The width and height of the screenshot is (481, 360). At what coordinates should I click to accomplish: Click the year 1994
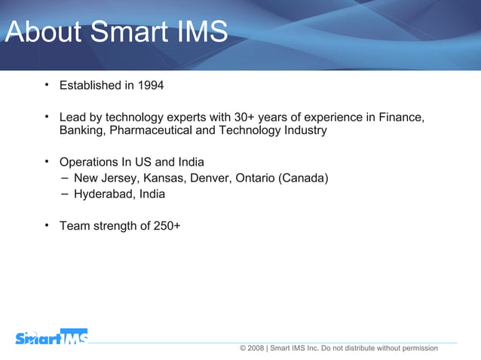coord(151,85)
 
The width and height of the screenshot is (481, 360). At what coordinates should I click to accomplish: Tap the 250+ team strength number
coord(166,225)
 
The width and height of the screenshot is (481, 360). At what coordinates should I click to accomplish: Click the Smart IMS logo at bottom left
coord(51,338)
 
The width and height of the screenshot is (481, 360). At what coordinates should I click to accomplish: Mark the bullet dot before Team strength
coord(47,224)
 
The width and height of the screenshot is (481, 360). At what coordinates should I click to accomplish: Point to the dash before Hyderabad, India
coord(66,194)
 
